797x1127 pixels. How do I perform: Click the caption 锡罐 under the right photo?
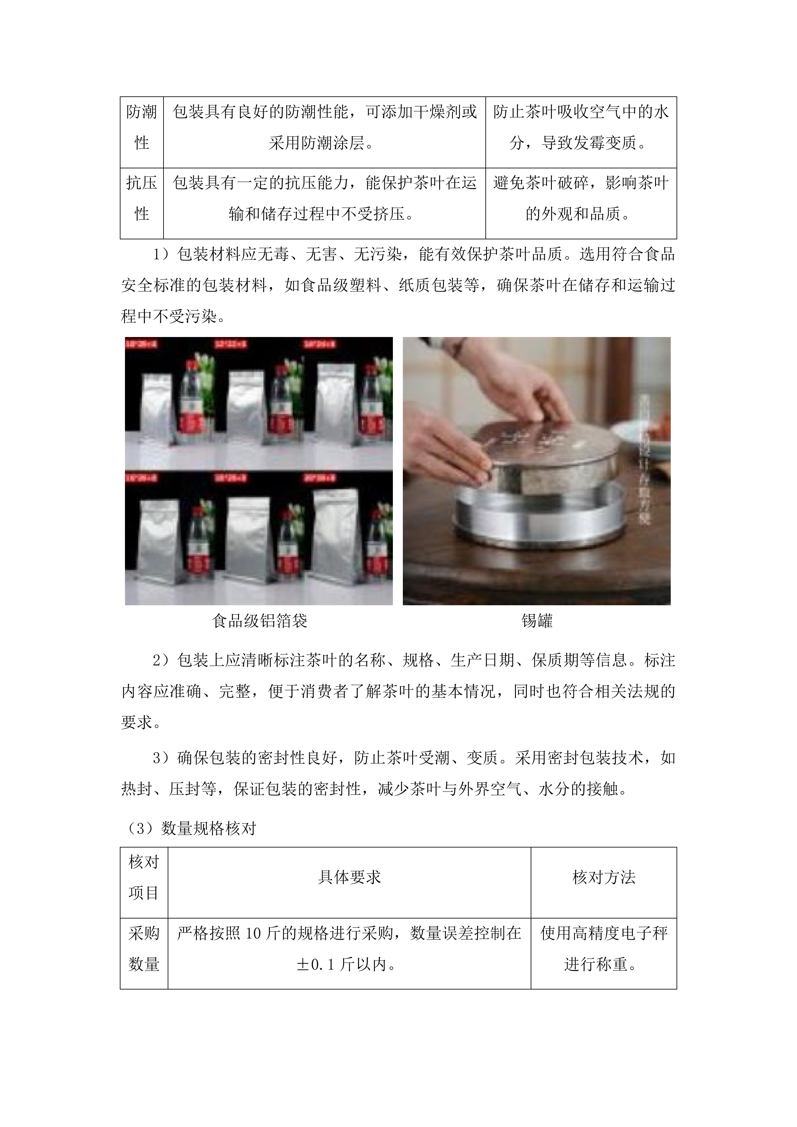(x=537, y=621)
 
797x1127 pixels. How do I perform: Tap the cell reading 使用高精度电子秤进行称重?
(x=604, y=949)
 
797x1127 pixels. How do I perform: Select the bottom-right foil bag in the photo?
(x=335, y=533)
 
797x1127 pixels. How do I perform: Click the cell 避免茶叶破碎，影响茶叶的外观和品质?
(x=581, y=198)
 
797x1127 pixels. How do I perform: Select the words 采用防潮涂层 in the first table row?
(x=319, y=143)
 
